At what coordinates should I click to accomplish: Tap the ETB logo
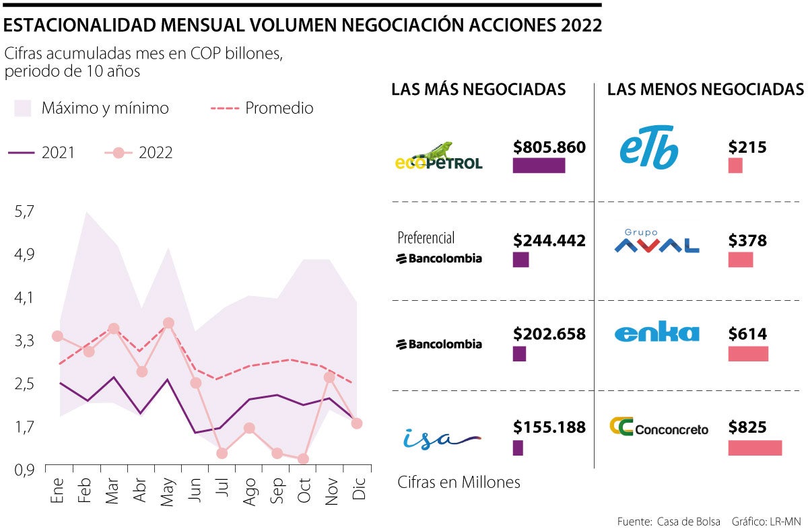[648, 148]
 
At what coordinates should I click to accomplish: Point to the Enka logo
[656, 333]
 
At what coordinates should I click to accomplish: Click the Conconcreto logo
[659, 427]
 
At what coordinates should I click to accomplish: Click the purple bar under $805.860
[539, 166]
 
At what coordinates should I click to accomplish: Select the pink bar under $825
[755, 448]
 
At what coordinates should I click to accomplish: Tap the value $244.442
[549, 240]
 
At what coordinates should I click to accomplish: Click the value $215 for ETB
[747, 147]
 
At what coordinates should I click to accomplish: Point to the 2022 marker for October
[303, 459]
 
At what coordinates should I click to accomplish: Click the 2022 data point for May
[168, 323]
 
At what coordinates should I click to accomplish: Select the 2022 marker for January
[58, 336]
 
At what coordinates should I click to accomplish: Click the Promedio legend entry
[279, 108]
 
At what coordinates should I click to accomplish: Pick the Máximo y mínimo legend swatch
[23, 108]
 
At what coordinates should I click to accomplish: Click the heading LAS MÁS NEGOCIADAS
[479, 90]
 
